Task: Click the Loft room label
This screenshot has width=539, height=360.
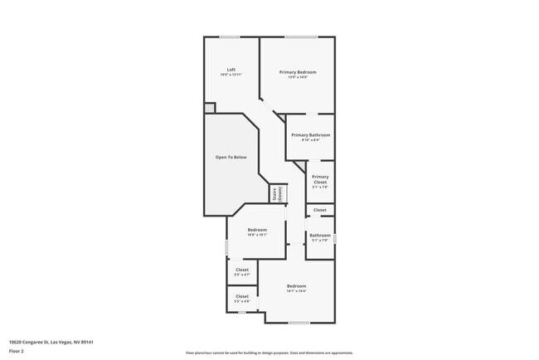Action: click(x=231, y=70)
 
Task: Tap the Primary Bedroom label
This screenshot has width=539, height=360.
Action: click(x=297, y=72)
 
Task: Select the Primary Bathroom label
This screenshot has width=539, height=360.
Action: click(x=310, y=134)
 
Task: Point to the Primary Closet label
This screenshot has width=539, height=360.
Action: click(x=320, y=178)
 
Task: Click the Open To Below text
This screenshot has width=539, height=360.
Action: click(x=231, y=157)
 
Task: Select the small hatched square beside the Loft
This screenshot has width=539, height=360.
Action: click(x=210, y=108)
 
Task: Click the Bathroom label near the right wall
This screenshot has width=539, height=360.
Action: click(x=320, y=235)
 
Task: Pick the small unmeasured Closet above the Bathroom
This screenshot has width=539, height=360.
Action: click(x=320, y=210)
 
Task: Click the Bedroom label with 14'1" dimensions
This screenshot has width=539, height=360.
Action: click(x=297, y=286)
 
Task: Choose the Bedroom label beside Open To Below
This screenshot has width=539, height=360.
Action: click(x=257, y=230)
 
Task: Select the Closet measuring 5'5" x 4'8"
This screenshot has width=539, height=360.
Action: click(x=242, y=296)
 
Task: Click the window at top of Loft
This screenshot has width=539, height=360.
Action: click(x=230, y=36)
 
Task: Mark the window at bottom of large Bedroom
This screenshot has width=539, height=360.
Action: click(x=299, y=323)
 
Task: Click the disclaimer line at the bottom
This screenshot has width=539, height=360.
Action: click(x=269, y=353)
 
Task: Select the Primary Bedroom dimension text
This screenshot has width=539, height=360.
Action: click(x=297, y=77)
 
